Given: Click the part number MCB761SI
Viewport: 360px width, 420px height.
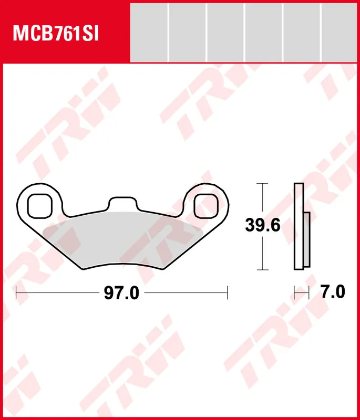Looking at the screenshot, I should (56, 33).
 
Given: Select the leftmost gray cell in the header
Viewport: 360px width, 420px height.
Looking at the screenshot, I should (149, 33).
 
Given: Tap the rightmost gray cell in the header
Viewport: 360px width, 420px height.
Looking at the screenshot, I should (341, 33).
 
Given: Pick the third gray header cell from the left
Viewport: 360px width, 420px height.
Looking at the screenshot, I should (225, 33).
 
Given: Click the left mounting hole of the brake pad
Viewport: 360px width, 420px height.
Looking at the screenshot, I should (39, 205).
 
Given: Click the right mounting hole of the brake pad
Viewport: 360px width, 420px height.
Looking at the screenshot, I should (206, 205).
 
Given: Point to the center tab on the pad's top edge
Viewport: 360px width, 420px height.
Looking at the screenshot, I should (122, 204).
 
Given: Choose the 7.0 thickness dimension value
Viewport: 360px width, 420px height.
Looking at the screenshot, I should (332, 292).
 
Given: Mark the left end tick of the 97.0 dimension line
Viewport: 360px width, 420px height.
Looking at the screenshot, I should (17, 292).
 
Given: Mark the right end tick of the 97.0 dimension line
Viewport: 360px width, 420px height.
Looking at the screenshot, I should (227, 292).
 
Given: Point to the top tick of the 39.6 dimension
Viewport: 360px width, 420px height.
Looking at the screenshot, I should (262, 184).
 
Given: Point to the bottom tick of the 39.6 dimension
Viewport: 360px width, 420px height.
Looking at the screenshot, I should (262, 270).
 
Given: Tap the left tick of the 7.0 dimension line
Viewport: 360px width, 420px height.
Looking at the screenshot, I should (294, 292).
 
